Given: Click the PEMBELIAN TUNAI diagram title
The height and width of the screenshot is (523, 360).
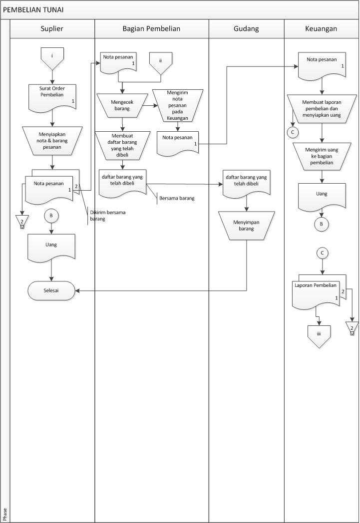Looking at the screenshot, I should click(x=33, y=10).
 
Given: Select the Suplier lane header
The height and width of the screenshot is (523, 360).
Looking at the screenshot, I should click(x=52, y=29).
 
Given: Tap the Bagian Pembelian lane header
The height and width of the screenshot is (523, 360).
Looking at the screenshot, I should click(x=151, y=29).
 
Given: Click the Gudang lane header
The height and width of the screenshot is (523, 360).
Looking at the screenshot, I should click(x=246, y=29).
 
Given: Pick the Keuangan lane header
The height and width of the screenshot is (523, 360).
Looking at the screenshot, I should click(x=321, y=29).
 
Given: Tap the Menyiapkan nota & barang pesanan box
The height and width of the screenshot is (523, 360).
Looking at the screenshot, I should click(x=52, y=137).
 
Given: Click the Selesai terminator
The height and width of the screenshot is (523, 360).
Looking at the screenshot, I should click(x=52, y=290).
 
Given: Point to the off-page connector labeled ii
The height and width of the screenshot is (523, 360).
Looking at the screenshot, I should click(x=160, y=63).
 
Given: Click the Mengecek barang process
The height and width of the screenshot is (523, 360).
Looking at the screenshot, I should click(x=122, y=103).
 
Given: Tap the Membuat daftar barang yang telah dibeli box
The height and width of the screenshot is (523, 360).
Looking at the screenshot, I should click(x=122, y=144).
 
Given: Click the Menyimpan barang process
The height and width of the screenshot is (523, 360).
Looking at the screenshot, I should click(x=246, y=225).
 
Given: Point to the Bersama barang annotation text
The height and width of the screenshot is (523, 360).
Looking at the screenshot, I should click(x=177, y=198).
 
